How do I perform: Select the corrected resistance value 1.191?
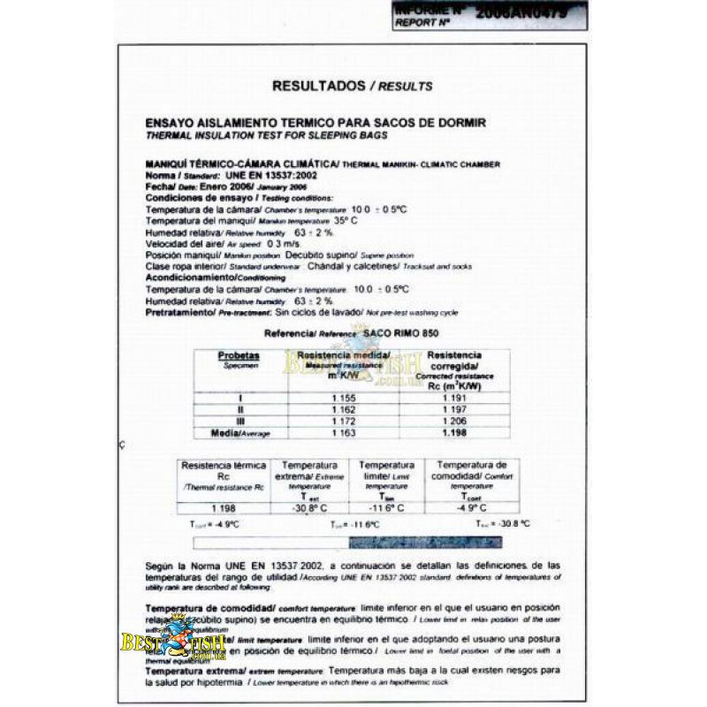(x=452, y=399)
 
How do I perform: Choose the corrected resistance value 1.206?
(x=452, y=422)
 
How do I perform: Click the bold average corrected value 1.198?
(x=452, y=435)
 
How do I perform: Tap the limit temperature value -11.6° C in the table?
(x=387, y=508)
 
